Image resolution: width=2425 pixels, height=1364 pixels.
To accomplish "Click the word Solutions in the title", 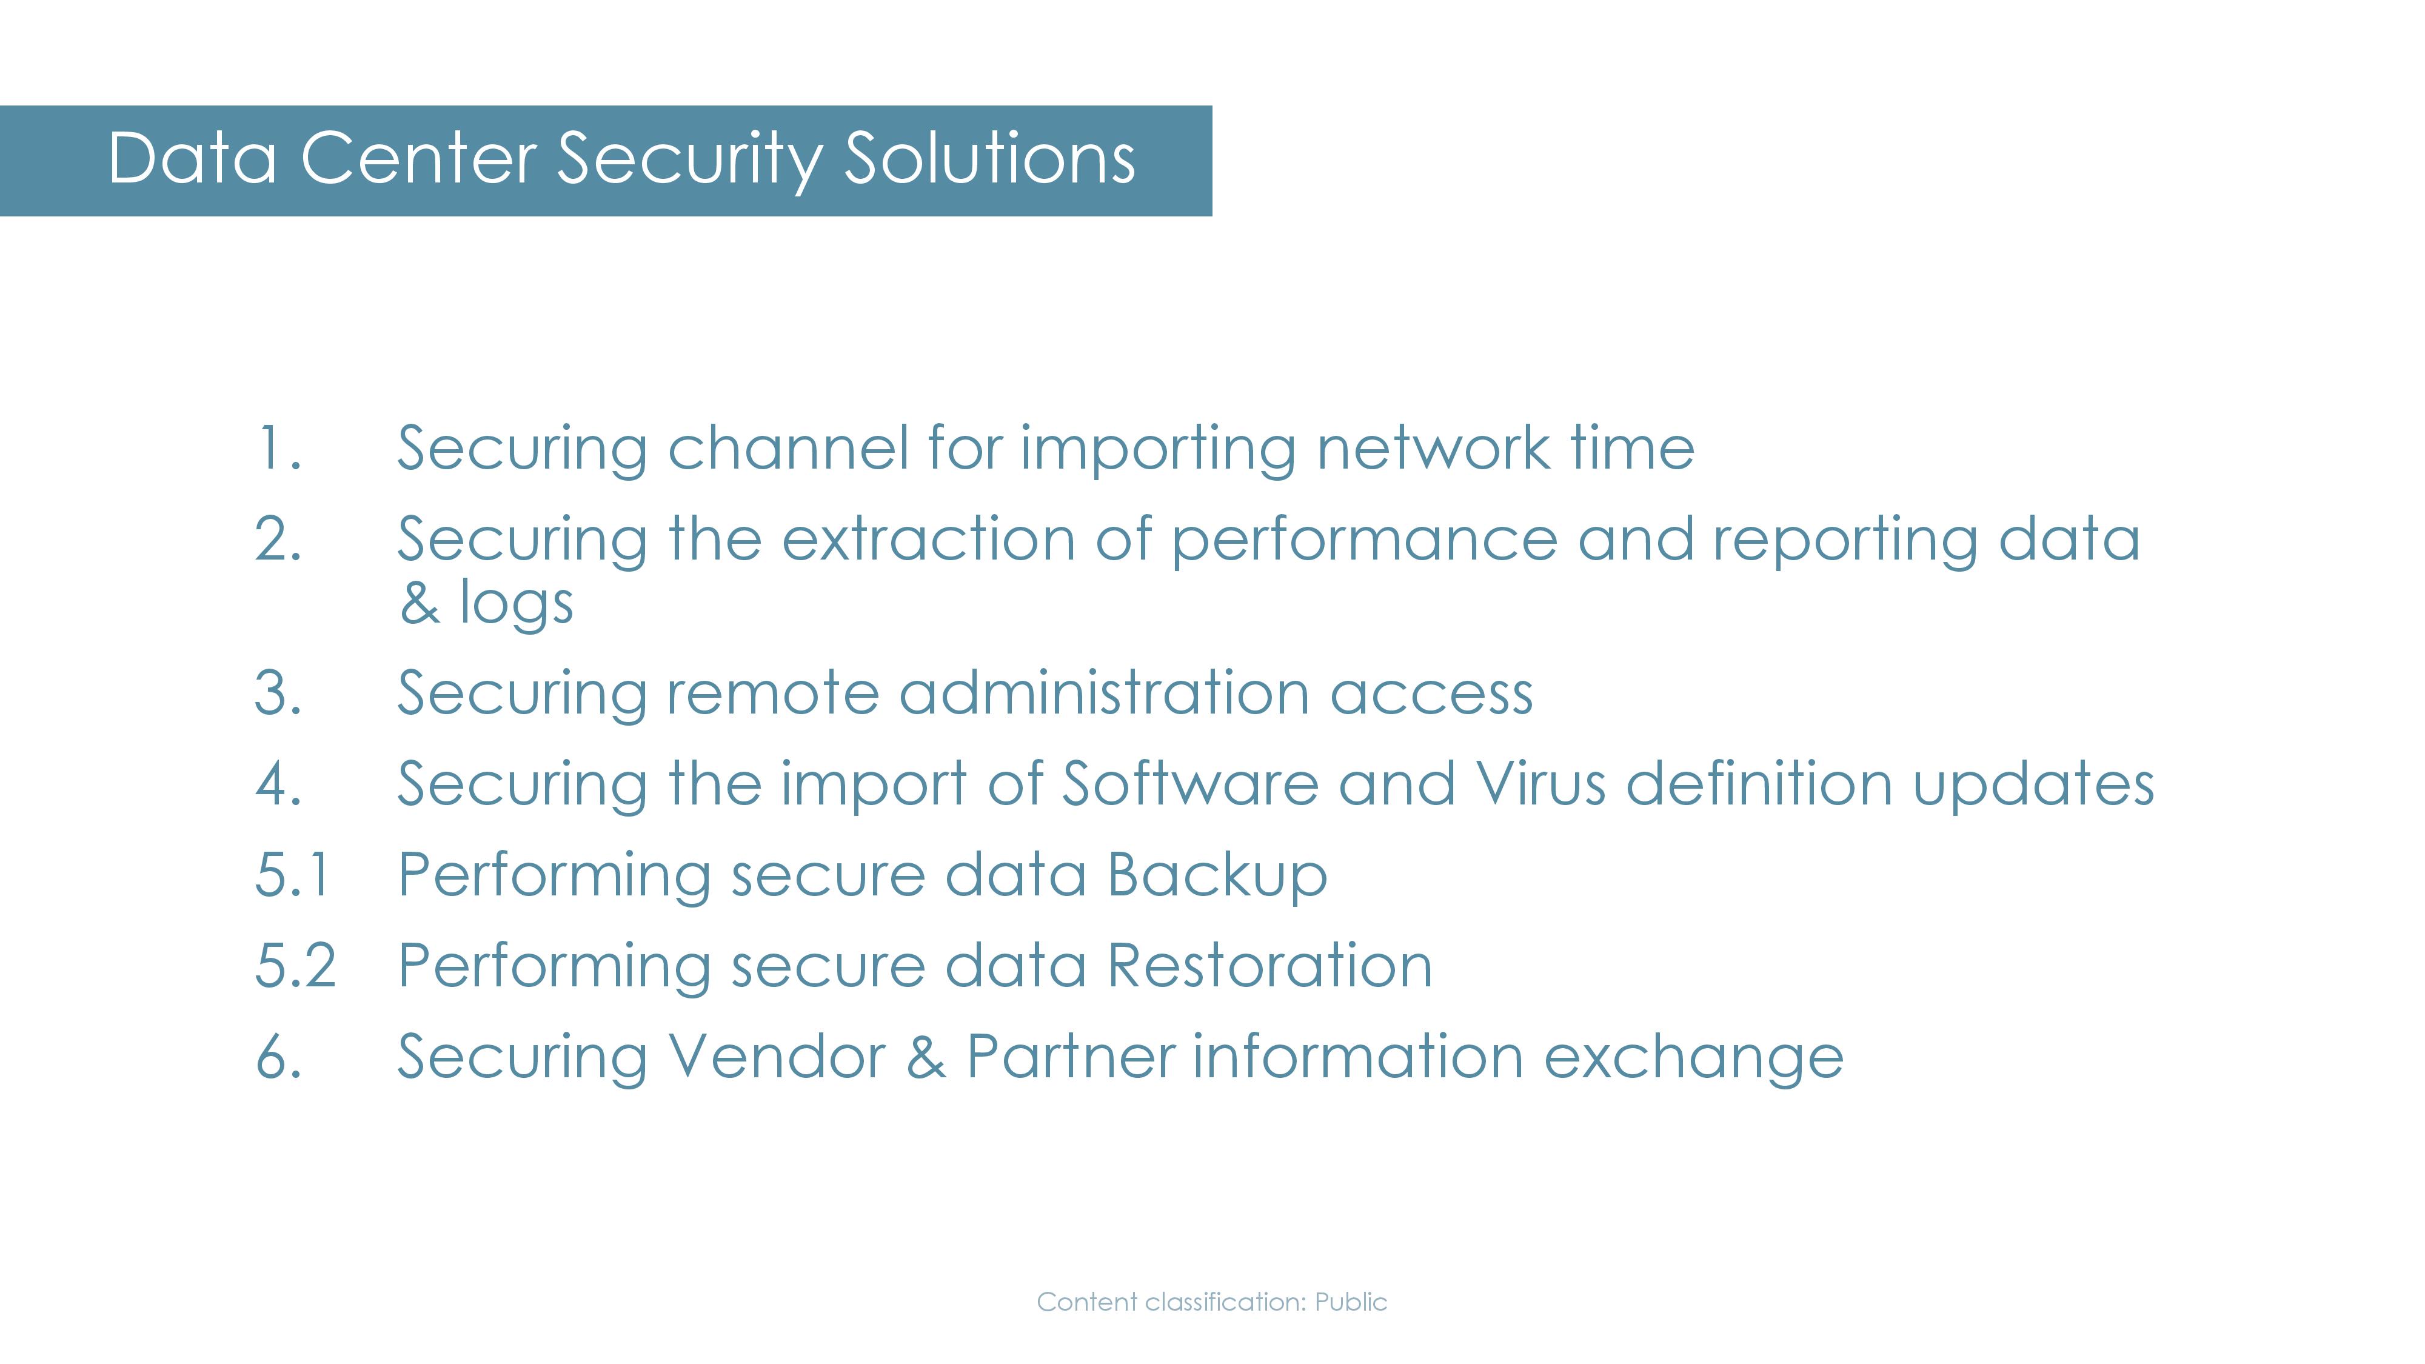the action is click(989, 158).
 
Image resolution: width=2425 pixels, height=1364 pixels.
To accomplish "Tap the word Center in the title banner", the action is click(418, 158).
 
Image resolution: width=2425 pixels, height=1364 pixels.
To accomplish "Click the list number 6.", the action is click(279, 1056).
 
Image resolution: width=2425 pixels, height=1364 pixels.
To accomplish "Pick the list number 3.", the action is click(279, 693).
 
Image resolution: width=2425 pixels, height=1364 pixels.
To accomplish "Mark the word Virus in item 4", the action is click(1540, 783).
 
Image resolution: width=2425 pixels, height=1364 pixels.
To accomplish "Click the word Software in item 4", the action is click(1190, 783).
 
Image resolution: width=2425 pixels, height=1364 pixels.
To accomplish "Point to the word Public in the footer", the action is click(1351, 1302).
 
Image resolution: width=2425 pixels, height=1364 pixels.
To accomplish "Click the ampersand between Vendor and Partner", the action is click(926, 1056).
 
